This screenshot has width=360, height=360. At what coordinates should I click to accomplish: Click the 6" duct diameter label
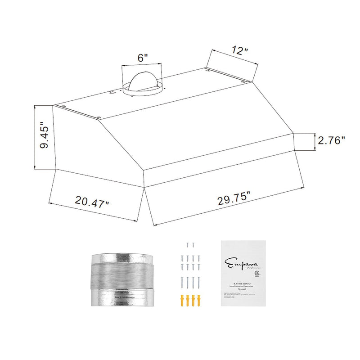pos(143,58)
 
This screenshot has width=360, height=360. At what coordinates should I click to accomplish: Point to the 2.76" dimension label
pos(331,140)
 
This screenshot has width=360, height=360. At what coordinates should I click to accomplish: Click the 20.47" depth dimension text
pos(92,201)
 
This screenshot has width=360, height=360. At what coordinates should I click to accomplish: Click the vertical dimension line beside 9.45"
pos(36,137)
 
